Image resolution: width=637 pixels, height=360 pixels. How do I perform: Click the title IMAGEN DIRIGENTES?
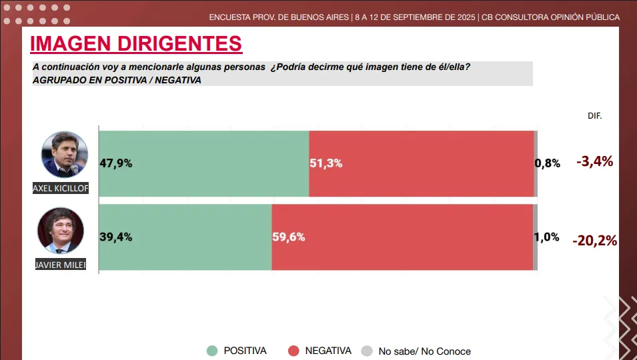(x=136, y=44)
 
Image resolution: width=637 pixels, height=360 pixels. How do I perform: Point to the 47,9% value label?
(x=116, y=163)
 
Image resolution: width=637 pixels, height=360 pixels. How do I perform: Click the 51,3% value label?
(x=326, y=163)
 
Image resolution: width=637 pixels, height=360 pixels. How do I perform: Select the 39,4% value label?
(x=116, y=236)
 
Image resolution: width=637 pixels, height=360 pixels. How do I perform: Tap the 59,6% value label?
(x=289, y=236)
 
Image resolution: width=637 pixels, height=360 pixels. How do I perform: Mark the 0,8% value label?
(x=548, y=163)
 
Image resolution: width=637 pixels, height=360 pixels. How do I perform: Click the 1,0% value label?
(x=547, y=236)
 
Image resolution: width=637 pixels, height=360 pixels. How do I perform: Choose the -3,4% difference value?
(x=594, y=161)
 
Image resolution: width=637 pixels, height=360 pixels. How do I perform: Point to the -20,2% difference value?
(x=594, y=241)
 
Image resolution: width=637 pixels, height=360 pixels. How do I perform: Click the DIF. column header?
(x=594, y=115)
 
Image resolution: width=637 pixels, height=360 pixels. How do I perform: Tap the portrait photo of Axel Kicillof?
(x=65, y=154)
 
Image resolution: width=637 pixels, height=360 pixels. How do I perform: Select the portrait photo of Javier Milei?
(x=61, y=231)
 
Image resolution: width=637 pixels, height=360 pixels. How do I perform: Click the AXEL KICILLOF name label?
(x=60, y=189)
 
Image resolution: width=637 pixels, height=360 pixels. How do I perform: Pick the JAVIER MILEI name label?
(x=61, y=265)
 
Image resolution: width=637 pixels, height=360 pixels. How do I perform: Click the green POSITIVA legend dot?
(x=212, y=351)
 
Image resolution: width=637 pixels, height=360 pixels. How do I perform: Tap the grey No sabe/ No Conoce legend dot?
(x=366, y=351)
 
